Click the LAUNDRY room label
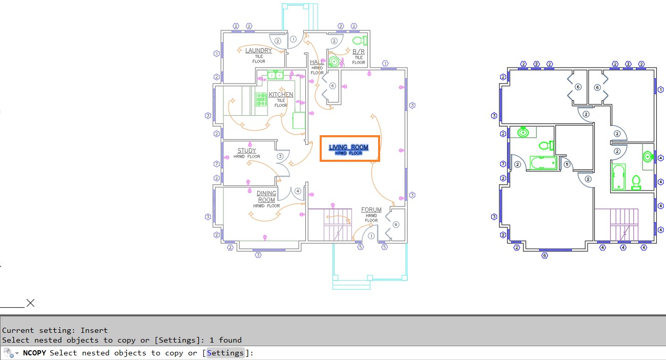click(x=258, y=50)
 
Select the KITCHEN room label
click(x=281, y=95)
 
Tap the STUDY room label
click(x=246, y=151)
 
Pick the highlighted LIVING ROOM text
click(x=348, y=147)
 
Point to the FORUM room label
click(x=371, y=210)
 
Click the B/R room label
click(x=359, y=52)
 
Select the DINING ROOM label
click(x=266, y=197)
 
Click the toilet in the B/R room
click(x=361, y=40)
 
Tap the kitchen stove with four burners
click(x=261, y=99)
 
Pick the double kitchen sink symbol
click(x=276, y=76)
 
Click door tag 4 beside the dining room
click(x=298, y=191)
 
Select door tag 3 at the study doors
click(x=280, y=156)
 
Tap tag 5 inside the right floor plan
click(x=567, y=164)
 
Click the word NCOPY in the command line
click(x=35, y=353)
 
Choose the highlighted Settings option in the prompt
click(x=225, y=353)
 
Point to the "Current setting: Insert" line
click(x=55, y=330)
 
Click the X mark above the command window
click(x=30, y=303)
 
